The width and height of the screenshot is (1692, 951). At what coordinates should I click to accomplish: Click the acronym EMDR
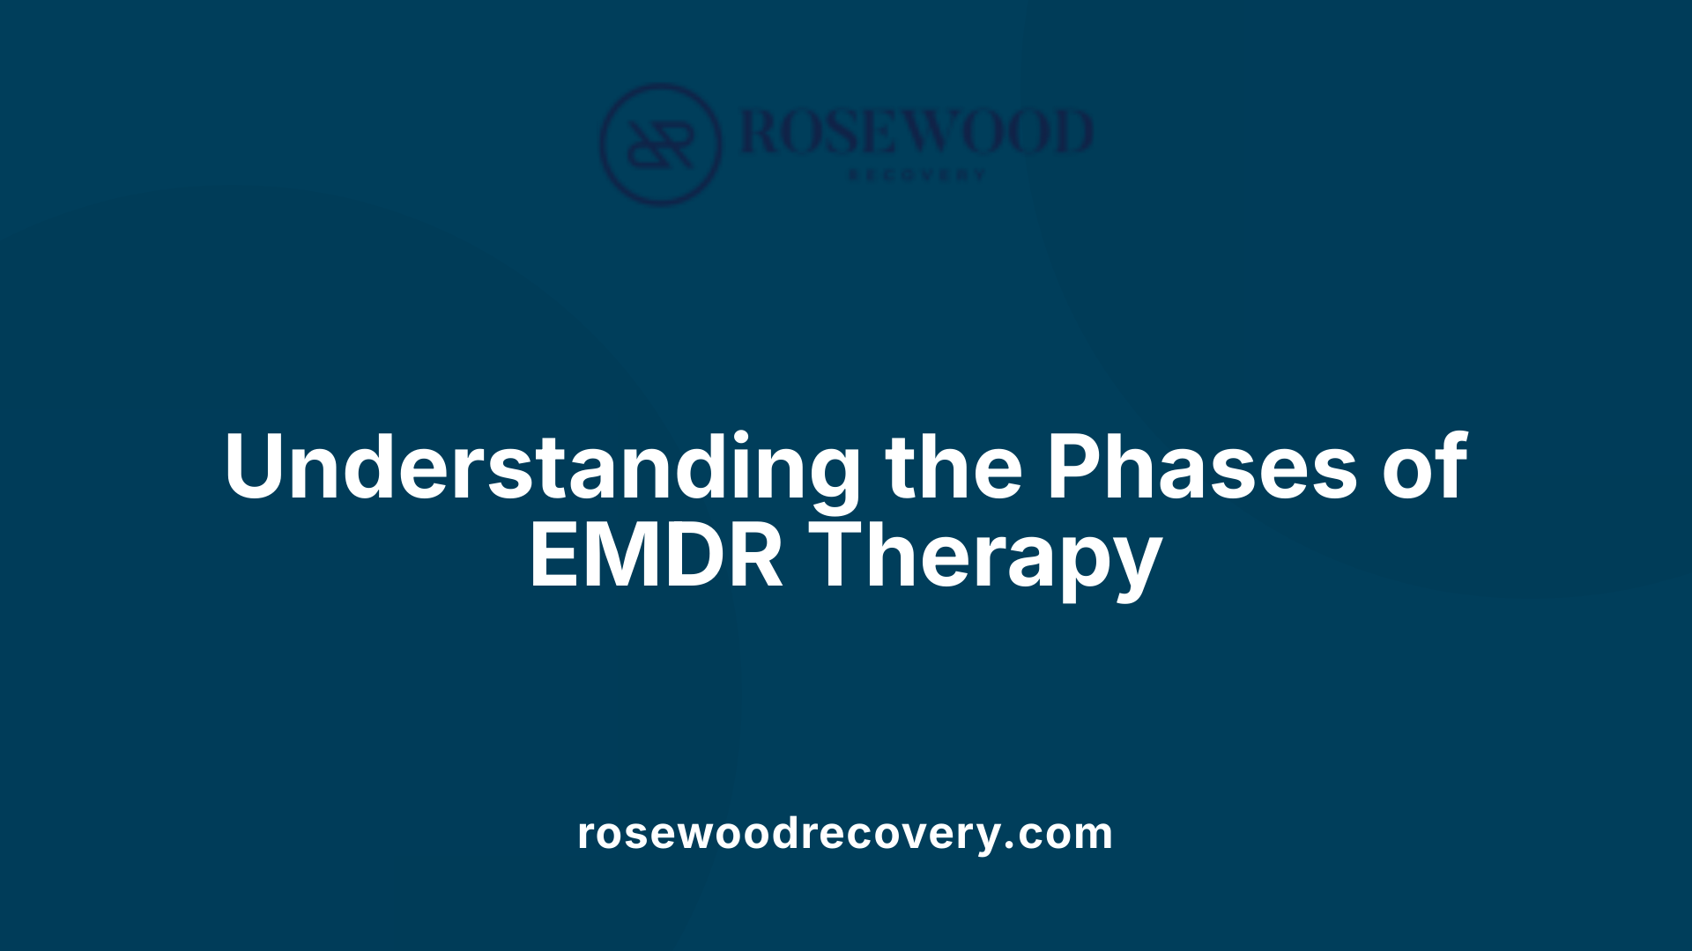click(656, 557)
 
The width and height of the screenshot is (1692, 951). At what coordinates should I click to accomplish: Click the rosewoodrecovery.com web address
click(845, 833)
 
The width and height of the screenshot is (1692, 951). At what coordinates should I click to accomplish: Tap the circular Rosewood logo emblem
click(660, 144)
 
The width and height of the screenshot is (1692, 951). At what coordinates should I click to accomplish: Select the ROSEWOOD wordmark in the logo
click(916, 132)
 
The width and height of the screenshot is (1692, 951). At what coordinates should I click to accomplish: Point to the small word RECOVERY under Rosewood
click(916, 175)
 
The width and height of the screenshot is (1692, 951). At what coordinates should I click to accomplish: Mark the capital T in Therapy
click(842, 557)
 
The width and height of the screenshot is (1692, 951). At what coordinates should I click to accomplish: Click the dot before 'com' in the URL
click(1010, 847)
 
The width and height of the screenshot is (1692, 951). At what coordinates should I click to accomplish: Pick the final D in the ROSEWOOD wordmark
click(1069, 132)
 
